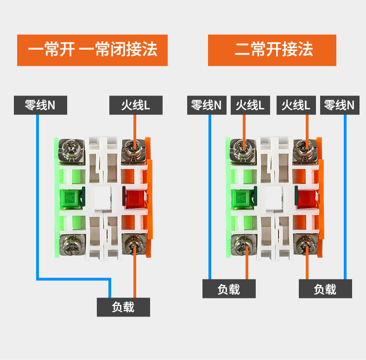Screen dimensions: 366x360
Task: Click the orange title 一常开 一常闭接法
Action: click(93, 50)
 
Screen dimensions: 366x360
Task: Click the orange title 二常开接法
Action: click(272, 50)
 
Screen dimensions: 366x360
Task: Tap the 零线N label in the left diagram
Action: click(40, 105)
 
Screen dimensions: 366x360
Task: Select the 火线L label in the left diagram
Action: click(136, 105)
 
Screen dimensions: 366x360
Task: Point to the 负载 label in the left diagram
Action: click(124, 307)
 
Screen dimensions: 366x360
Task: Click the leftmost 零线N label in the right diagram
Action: click(207, 105)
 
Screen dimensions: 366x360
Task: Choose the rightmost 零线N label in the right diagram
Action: click(340, 105)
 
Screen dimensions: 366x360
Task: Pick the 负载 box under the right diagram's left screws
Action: click(229, 289)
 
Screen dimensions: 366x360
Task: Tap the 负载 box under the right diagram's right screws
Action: click(325, 289)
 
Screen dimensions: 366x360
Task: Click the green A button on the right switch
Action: click(242, 198)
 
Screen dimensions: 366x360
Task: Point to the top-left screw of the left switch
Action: click(71, 151)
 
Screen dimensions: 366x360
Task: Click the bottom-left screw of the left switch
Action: click(72, 245)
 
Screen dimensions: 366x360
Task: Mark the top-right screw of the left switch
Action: click(134, 151)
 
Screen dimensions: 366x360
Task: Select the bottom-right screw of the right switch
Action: click(306, 245)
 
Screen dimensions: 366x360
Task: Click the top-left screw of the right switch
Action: click(243, 151)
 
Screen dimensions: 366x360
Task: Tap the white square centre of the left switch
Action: click(102, 198)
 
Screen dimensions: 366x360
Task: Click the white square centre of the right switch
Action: click(274, 198)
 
